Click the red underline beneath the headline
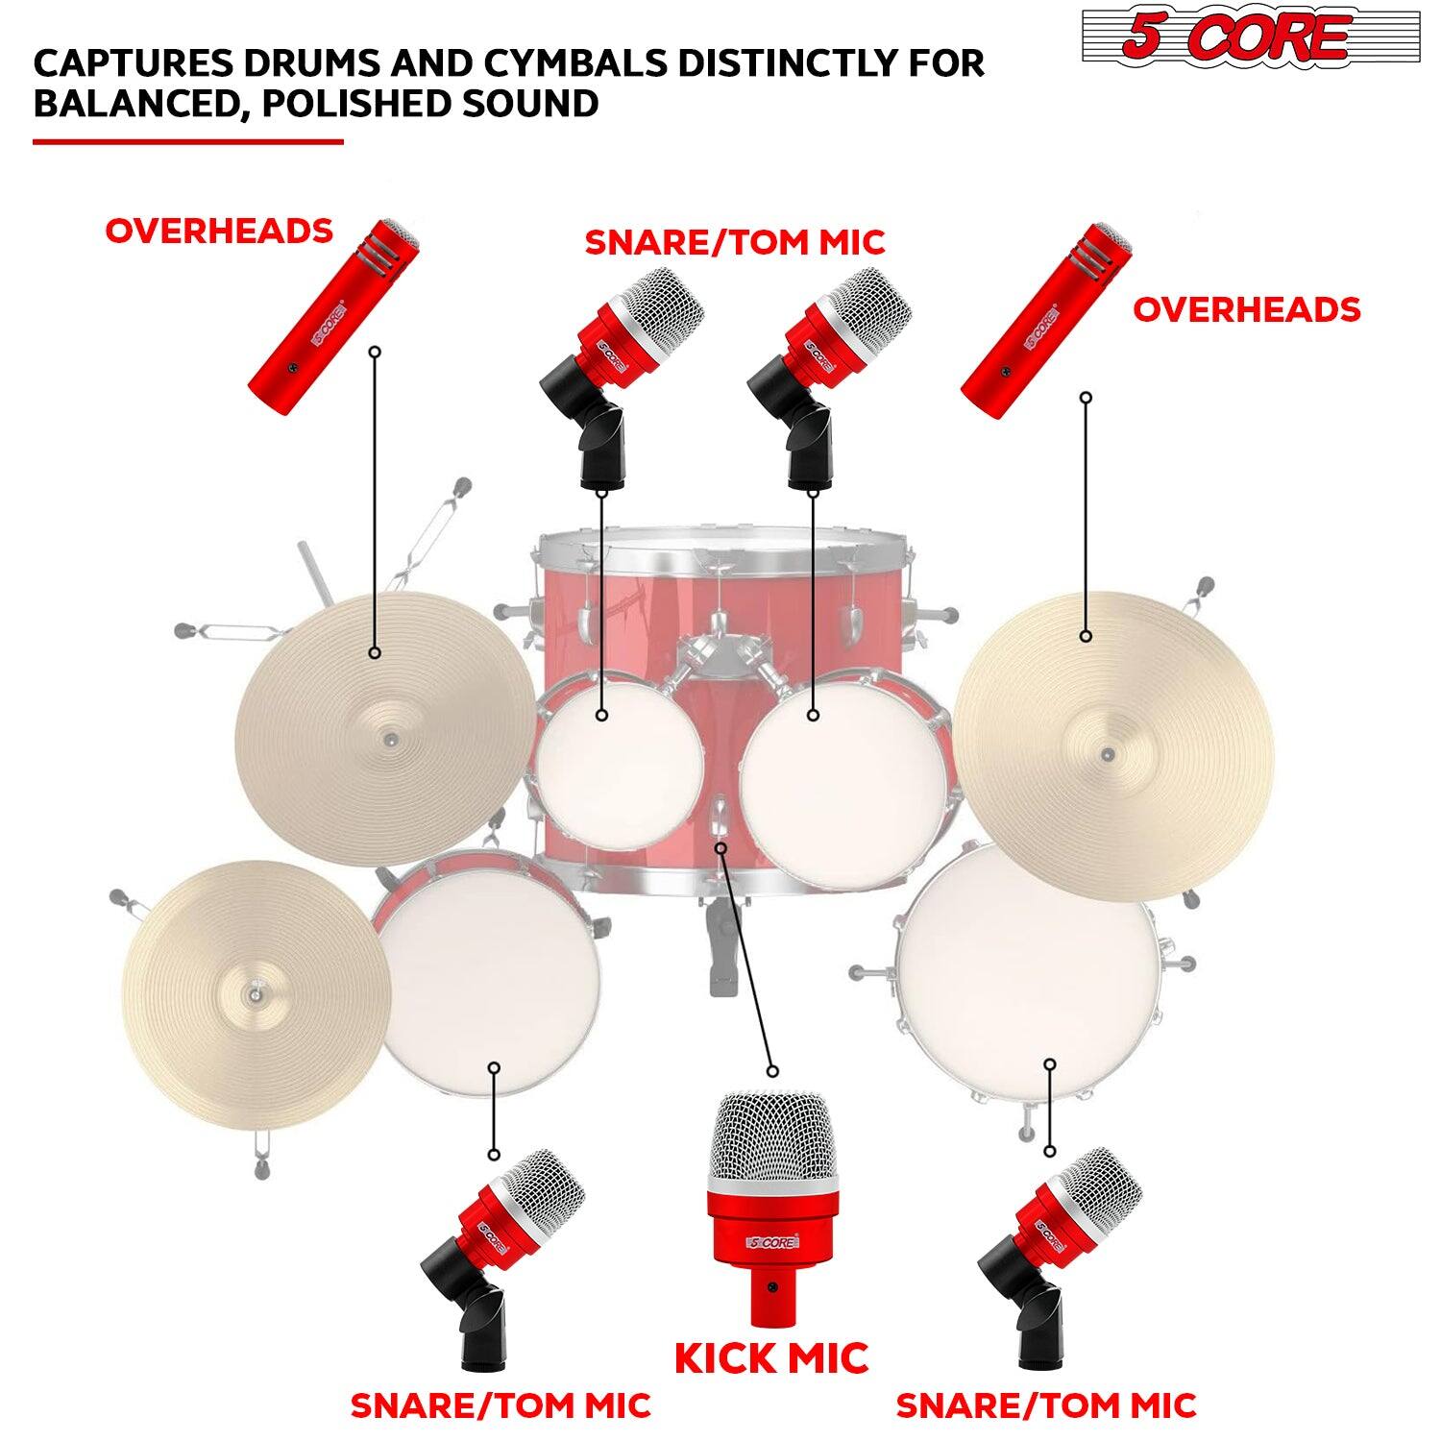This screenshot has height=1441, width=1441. (187, 142)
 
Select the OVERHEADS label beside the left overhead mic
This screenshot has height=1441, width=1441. (219, 232)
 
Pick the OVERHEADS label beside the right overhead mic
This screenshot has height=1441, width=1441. (1246, 310)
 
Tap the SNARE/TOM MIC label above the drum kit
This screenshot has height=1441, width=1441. (735, 242)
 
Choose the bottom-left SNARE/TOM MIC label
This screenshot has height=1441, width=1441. (501, 1404)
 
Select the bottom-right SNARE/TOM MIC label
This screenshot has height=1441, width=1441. (1046, 1404)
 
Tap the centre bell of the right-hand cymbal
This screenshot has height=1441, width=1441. (1108, 753)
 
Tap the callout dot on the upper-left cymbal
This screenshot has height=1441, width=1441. (375, 653)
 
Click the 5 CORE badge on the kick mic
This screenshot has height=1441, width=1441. (770, 1242)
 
